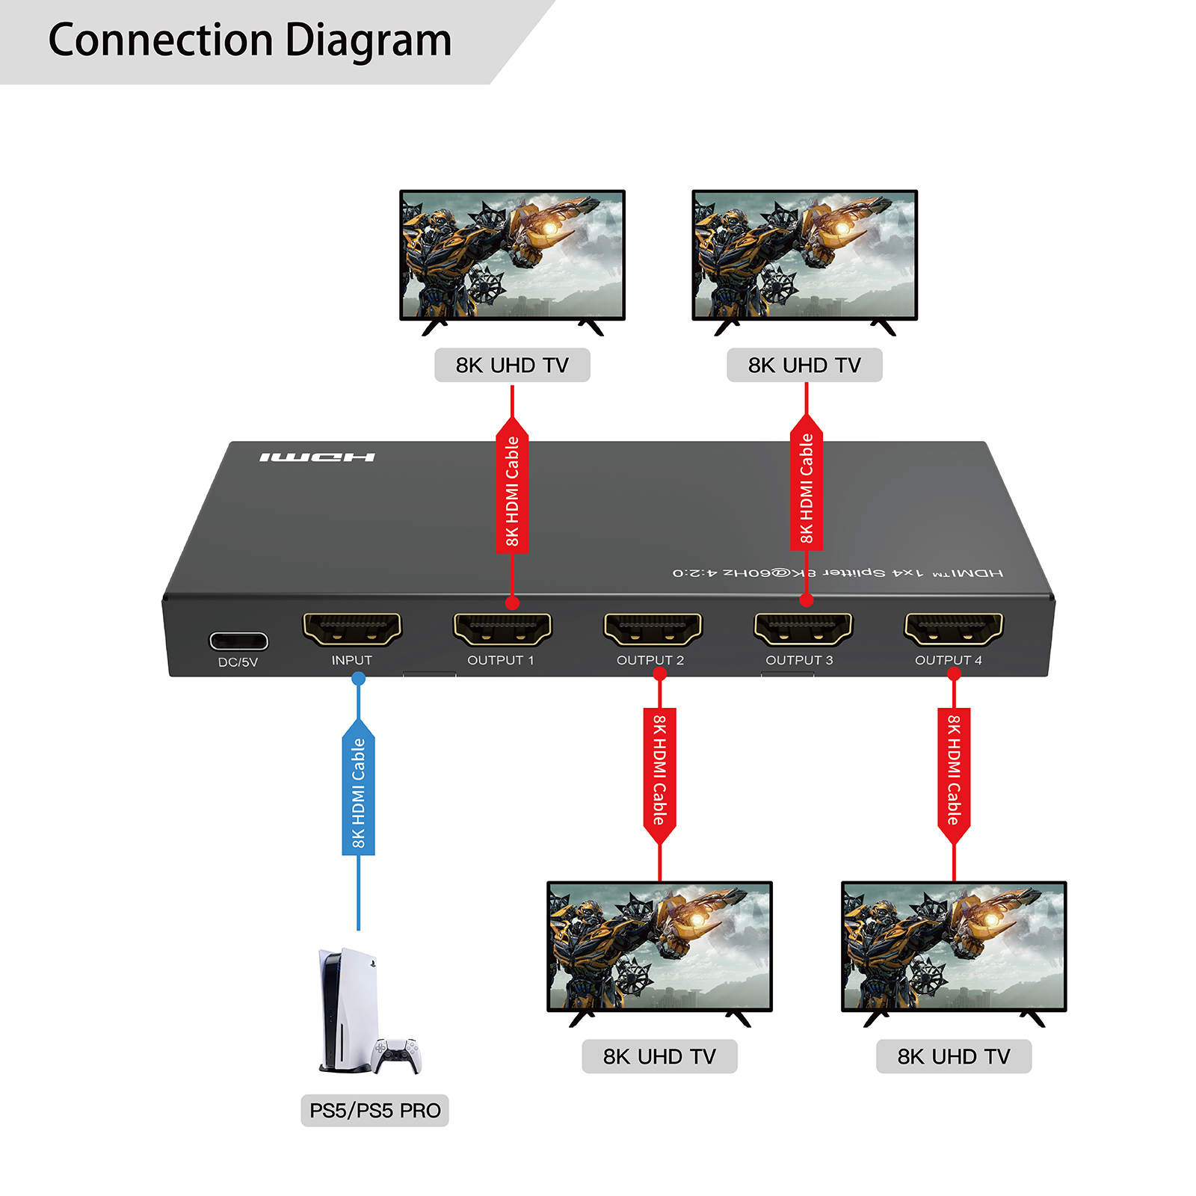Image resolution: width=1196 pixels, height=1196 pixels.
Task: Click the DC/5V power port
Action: coord(238,641)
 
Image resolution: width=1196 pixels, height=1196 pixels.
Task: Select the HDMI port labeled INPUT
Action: coord(352,629)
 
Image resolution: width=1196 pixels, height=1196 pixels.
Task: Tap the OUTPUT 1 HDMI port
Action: coord(502,629)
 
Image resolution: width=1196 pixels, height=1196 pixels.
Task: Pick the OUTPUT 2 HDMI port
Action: coord(653,629)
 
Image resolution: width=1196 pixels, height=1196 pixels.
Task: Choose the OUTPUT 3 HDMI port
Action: coord(803,629)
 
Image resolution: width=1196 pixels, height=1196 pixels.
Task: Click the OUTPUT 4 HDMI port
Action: coord(953,629)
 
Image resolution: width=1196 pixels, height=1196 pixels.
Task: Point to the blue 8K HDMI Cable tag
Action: coord(359,792)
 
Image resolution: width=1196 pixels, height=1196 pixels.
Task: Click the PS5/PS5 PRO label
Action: coord(374,1111)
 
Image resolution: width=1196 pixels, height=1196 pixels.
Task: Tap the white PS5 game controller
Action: coord(398,1054)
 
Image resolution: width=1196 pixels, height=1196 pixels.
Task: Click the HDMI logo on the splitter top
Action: coord(317,457)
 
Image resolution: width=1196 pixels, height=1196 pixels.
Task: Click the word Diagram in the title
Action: coord(369,40)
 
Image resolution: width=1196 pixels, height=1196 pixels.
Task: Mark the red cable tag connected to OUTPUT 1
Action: coord(512,490)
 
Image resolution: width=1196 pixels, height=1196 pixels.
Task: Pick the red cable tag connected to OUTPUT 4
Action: coord(954,770)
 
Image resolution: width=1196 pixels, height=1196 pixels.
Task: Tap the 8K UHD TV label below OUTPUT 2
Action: coord(659,1056)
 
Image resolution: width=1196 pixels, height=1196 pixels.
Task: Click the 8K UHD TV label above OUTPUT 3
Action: coord(804,365)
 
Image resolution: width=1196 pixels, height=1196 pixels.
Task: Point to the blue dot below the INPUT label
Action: coord(359,679)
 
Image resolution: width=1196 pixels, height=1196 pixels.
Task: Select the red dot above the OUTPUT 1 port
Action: coord(512,602)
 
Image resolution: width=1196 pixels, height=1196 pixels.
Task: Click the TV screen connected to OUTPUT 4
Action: coord(954,946)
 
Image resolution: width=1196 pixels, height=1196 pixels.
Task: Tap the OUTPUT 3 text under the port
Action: coord(799,660)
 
